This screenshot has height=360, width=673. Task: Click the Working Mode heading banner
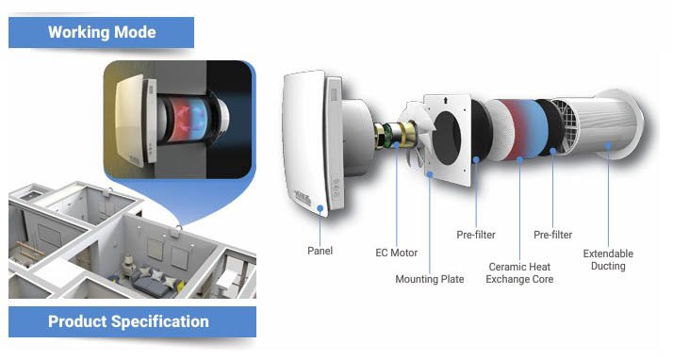click(101, 32)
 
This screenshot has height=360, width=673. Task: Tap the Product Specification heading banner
click(132, 321)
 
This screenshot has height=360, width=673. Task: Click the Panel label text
click(320, 251)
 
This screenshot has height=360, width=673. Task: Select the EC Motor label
click(396, 253)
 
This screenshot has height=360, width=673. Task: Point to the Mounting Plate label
click(430, 279)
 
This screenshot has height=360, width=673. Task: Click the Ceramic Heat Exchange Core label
click(519, 273)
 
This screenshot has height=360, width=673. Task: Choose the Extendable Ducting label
click(608, 259)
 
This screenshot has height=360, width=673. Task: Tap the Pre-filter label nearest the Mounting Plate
click(476, 235)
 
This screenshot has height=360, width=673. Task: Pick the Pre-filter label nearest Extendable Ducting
click(552, 235)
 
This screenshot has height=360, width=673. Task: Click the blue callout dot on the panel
click(320, 208)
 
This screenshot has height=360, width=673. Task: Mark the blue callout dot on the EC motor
click(397, 145)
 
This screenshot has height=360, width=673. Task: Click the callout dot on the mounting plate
click(430, 174)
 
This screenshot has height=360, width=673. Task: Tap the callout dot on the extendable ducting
click(608, 145)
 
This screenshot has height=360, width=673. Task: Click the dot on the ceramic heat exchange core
click(519, 159)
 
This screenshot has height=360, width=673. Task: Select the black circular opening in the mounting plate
click(447, 139)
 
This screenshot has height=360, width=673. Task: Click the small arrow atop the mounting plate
click(446, 101)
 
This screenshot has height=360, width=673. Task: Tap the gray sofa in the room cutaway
click(154, 284)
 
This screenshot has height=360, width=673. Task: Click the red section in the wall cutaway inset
click(180, 120)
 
